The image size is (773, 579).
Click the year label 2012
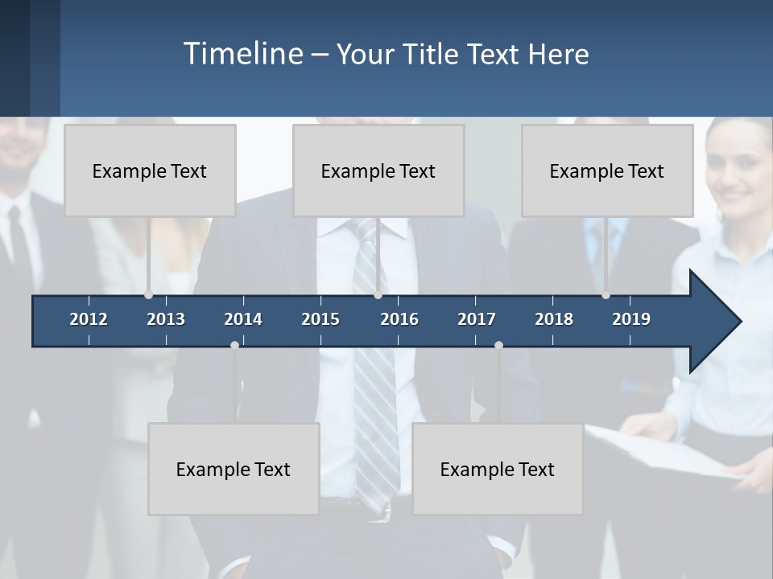[x=89, y=319]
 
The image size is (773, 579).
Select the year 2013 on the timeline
[x=166, y=319]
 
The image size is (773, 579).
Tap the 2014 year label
[x=243, y=319]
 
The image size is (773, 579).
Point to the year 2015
[x=320, y=319]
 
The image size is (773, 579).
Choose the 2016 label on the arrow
[x=399, y=319]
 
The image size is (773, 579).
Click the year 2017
[x=477, y=319]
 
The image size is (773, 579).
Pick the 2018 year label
[x=554, y=319]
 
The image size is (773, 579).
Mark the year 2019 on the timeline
[x=631, y=319]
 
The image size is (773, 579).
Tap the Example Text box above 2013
[x=150, y=170]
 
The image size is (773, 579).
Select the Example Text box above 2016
[x=378, y=170]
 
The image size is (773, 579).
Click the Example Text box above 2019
[x=607, y=170]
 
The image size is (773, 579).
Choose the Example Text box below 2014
[x=234, y=469]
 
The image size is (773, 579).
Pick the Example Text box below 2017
[x=498, y=469]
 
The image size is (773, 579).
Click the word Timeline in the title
[x=242, y=53]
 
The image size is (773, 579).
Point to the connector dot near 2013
[x=148, y=295]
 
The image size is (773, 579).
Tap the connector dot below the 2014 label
[x=234, y=345]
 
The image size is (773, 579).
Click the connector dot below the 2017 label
[x=498, y=345]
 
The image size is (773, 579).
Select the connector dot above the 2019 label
[x=606, y=295]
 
